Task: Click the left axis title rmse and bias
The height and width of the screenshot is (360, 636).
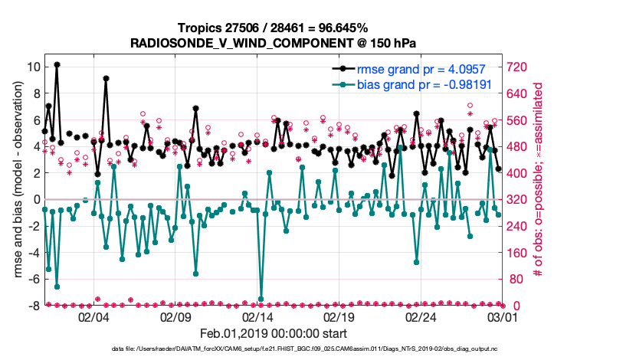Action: [x=17, y=186]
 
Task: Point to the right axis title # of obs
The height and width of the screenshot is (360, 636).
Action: [x=539, y=186]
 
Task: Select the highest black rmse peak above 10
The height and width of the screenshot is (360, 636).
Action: [x=57, y=65]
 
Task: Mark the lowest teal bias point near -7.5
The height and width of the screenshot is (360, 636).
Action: [x=261, y=298]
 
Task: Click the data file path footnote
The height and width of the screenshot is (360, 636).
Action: [x=317, y=349]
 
